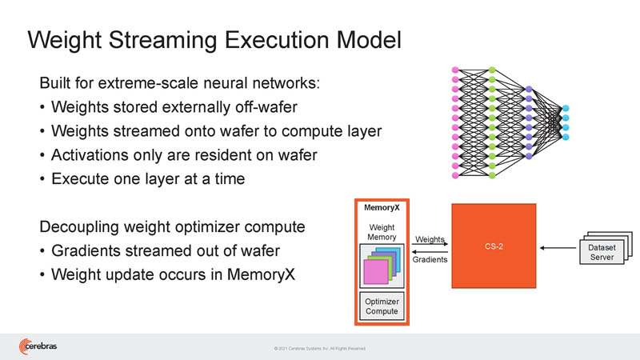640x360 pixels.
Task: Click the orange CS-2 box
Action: pyautogui.click(x=494, y=246)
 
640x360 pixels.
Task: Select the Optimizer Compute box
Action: pyautogui.click(x=382, y=306)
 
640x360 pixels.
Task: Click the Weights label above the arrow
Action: pyautogui.click(x=429, y=238)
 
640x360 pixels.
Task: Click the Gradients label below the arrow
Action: pyautogui.click(x=429, y=259)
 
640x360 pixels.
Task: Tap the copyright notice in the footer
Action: pyautogui.click(x=319, y=349)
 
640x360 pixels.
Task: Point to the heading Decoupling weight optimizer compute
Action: pyautogui.click(x=172, y=226)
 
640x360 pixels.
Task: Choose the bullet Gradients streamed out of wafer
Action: pyautogui.click(x=165, y=251)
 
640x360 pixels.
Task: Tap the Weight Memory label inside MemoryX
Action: pyautogui.click(x=382, y=232)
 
